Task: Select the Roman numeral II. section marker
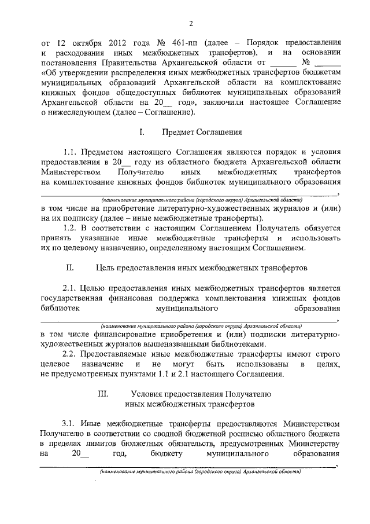pyautogui.click(x=70, y=268)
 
